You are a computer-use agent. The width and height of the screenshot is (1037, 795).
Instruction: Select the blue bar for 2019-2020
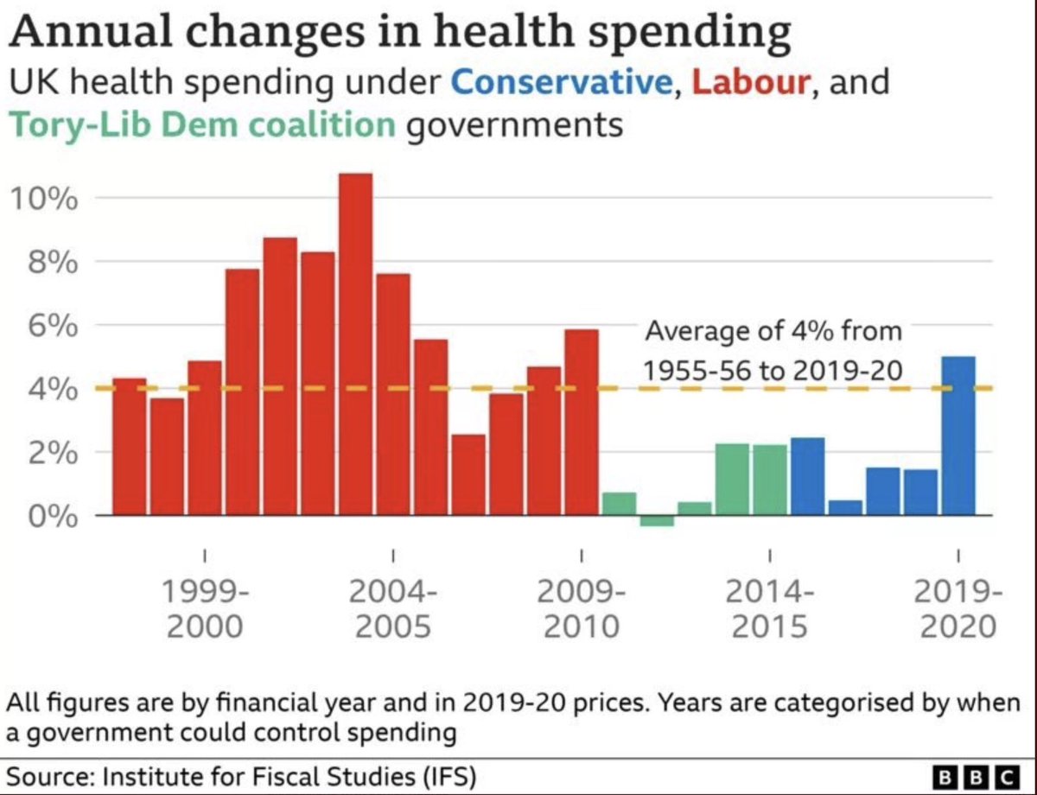(957, 436)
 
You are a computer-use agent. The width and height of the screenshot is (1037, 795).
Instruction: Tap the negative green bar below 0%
(657, 521)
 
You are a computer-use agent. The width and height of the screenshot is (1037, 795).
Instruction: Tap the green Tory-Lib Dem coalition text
(202, 125)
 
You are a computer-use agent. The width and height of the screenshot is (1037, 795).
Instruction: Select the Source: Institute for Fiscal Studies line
(242, 775)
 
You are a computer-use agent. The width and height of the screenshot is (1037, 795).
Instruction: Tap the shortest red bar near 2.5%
(468, 474)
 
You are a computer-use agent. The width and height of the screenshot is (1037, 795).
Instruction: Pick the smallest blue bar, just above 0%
(845, 508)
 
